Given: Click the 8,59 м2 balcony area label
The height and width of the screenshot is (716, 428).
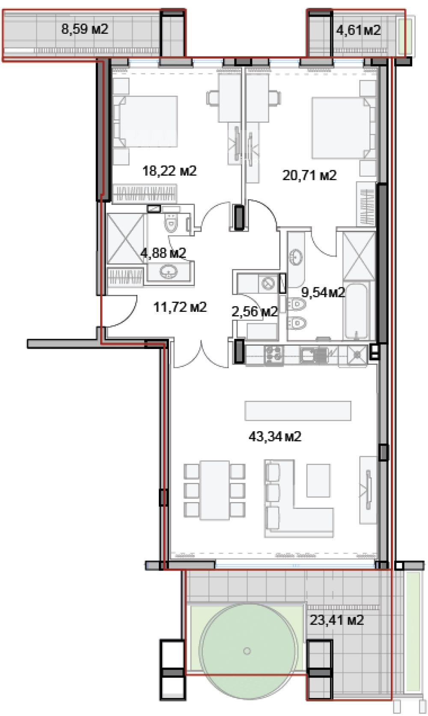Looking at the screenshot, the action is point(85,30).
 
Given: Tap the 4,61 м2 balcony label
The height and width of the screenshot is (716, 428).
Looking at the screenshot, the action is point(358,30).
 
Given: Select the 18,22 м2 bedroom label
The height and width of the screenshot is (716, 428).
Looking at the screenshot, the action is point(169,171).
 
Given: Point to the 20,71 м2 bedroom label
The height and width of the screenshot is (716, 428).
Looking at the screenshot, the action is point(309,175).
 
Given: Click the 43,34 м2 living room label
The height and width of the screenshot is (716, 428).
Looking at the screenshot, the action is point(275,436).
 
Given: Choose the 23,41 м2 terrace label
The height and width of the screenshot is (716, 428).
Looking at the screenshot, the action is point(337,621).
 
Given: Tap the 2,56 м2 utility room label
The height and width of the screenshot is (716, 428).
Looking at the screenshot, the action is point(255,311).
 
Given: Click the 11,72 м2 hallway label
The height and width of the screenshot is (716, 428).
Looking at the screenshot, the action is point(180,307).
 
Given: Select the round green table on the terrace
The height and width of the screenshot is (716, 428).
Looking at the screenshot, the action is point(247,651).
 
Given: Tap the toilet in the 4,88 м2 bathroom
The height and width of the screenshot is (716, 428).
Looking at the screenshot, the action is point(170,223).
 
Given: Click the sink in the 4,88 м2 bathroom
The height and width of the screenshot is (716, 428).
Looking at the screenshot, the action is point(169,272).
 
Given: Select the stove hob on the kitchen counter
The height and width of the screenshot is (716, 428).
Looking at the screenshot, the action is point(273,355).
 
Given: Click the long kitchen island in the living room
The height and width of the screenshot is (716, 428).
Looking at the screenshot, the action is point(298,411).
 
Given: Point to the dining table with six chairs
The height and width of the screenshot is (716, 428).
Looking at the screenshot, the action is point(214,490).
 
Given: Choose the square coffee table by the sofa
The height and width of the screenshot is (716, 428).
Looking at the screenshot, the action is point(318,480).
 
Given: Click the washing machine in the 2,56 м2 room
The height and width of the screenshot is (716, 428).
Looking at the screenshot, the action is point(268,283).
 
